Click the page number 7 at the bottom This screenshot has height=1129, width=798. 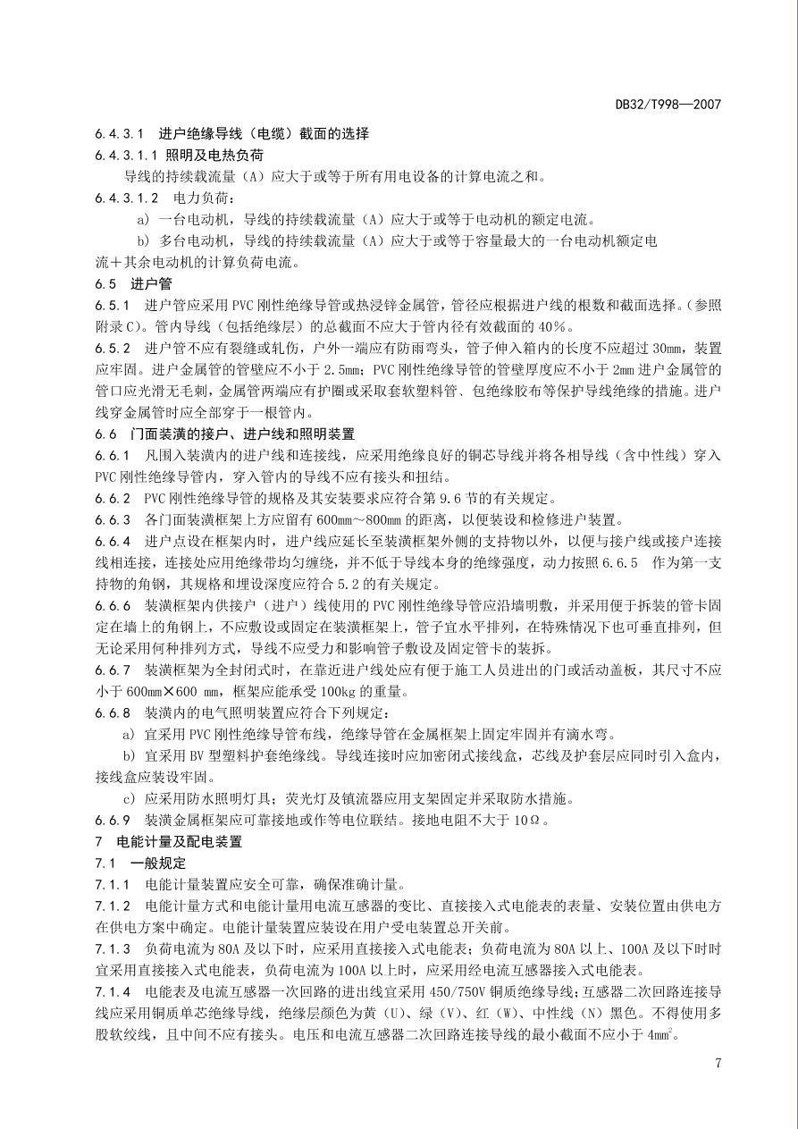point(718,1063)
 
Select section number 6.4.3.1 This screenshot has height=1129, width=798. point(119,134)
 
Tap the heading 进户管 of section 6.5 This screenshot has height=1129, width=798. point(151,284)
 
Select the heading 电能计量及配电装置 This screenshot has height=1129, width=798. point(180,842)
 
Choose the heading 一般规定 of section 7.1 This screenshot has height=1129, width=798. point(158,864)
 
